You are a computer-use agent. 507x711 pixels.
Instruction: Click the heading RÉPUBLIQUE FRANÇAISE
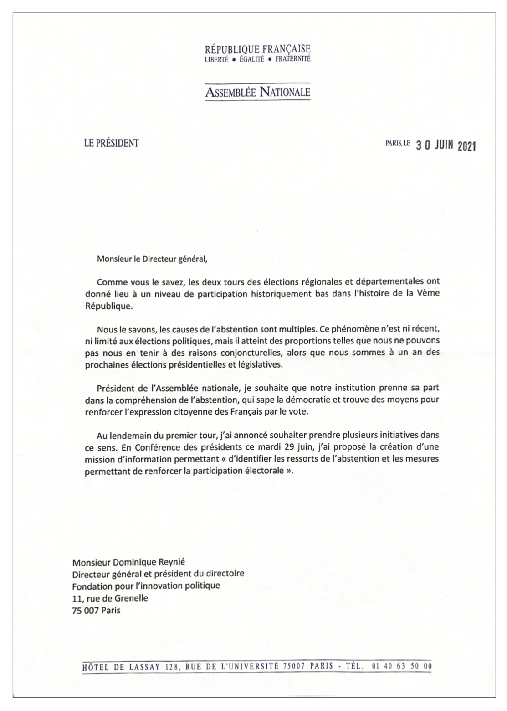(258, 49)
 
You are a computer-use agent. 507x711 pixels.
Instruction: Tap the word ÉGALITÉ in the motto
(251, 59)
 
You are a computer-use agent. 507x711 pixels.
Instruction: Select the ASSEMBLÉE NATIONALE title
(258, 93)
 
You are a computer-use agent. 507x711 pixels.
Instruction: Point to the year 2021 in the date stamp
(466, 146)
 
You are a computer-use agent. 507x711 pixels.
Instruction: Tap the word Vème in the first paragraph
(429, 293)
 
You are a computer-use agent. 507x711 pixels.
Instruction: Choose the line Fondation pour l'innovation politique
(146, 585)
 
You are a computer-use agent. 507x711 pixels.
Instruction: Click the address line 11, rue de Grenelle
(110, 598)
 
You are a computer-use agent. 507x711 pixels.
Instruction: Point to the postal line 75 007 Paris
(96, 610)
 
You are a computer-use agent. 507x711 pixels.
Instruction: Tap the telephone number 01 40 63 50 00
(401, 665)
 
